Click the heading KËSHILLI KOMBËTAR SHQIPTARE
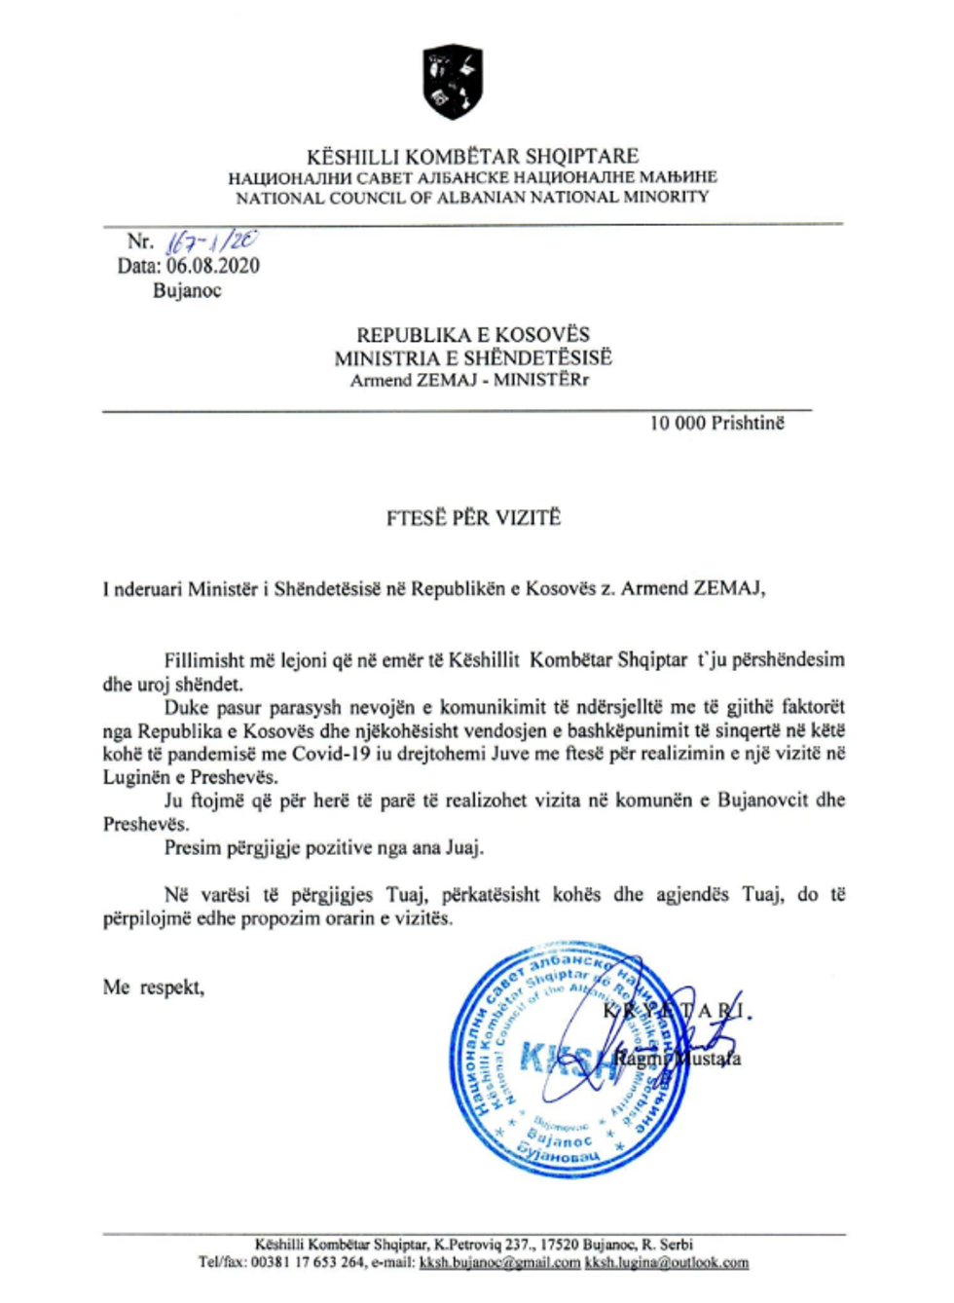(472, 156)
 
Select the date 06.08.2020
(213, 266)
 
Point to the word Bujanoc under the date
(187, 290)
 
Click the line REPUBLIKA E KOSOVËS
(472, 334)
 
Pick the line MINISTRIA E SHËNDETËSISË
(473, 357)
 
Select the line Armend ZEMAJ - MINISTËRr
(469, 380)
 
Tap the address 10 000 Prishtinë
(717, 423)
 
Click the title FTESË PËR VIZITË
(473, 517)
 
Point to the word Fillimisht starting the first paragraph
(204, 660)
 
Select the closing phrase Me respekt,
(154, 987)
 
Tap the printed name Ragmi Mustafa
(678, 1058)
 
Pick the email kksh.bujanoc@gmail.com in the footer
(499, 1262)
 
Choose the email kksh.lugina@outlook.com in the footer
(667, 1262)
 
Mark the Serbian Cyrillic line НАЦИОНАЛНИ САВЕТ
(472, 177)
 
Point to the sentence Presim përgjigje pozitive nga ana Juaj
(323, 847)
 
